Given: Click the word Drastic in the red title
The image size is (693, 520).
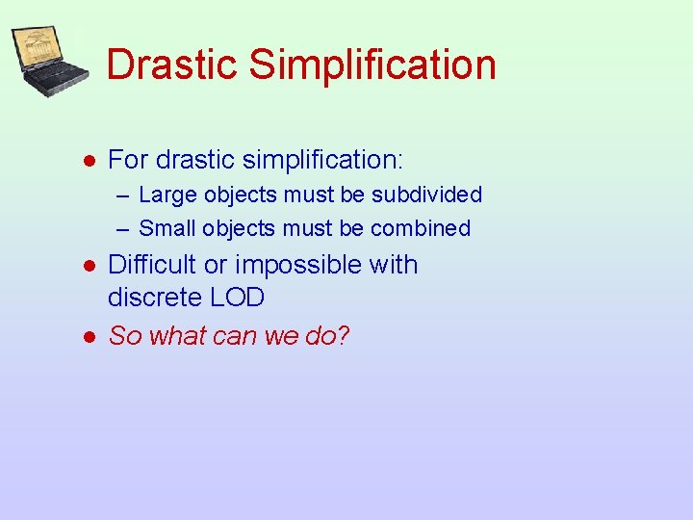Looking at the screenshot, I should pos(171,65).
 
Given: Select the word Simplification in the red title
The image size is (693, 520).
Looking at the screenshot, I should pos(372,65).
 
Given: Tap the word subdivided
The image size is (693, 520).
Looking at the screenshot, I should pos(426,195).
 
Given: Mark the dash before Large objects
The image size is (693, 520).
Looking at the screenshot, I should pos(123,195).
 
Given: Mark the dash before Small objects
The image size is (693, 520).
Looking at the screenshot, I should pos(123,229).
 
